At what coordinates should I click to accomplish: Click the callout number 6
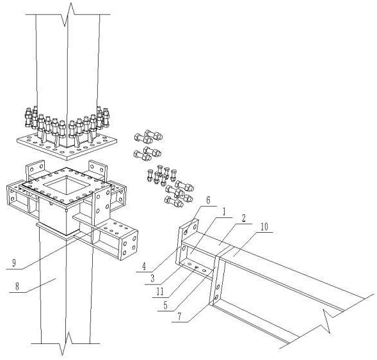209,200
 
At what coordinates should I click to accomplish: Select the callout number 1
224,212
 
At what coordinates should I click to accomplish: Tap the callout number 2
244,218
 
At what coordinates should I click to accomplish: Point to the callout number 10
264,227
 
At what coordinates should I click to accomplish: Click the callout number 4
144,267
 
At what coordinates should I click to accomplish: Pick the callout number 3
152,279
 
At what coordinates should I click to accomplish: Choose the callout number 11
160,292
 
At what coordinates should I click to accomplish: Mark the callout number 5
165,305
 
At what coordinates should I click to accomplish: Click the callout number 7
179,317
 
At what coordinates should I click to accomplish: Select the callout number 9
14,263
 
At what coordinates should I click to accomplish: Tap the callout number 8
17,286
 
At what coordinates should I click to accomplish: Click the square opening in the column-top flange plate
67,185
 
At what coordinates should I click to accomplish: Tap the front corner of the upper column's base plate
68,160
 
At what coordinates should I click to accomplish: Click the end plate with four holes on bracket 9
129,246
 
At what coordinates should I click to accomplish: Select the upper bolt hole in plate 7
218,286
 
